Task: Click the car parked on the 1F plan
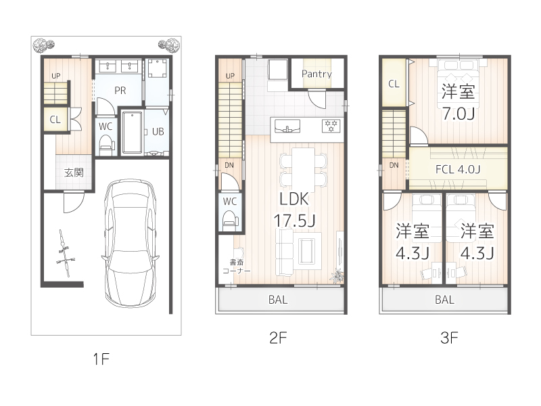pos(131,244)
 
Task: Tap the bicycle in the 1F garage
pos(64,253)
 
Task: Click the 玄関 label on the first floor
pos(74,173)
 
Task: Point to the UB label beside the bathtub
pos(158,132)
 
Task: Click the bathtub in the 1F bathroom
pos(132,132)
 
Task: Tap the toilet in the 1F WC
pos(105,143)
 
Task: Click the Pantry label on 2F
pos(316,74)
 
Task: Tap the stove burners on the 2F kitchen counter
pos(331,125)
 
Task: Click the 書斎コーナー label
pos(237,266)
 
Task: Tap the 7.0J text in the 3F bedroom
pos(458,113)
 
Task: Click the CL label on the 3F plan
pos(392,84)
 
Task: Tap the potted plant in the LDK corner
pos(336,275)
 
